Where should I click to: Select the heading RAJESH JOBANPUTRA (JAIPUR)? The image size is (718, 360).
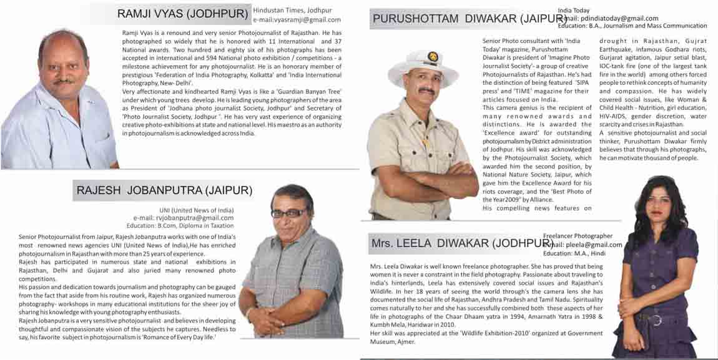click(164, 190)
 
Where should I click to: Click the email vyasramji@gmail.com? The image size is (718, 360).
click(297, 20)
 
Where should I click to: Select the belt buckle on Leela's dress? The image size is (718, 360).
click(656, 320)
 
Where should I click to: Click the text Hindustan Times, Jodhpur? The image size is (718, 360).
click(292, 11)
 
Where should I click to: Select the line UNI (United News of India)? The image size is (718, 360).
click(197, 210)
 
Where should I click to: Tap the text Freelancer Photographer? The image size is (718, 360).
click(578, 236)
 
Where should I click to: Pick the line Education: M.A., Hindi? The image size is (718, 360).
click(574, 253)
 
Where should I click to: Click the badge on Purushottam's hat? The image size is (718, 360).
click(432, 57)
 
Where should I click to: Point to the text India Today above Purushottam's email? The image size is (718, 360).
click(573, 11)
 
